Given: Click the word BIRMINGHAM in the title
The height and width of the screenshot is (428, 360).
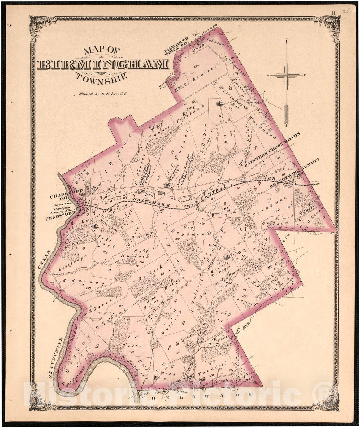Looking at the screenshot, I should point(103,64).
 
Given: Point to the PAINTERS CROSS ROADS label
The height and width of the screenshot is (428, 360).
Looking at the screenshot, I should point(272,150).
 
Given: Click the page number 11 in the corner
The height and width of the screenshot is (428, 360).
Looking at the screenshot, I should point(334,13).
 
